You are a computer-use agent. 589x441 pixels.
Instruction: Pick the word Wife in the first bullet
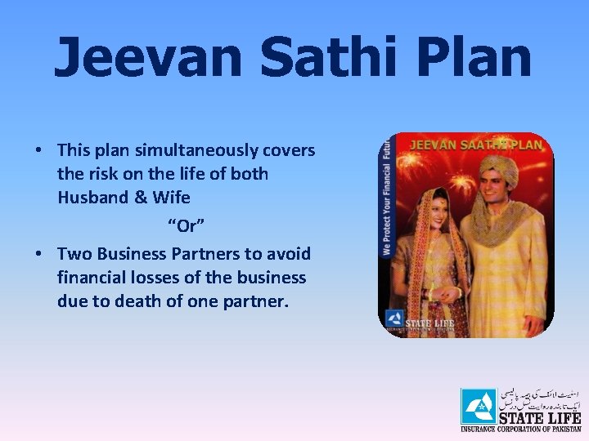click(x=172, y=197)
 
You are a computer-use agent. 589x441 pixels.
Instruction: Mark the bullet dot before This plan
click(x=39, y=151)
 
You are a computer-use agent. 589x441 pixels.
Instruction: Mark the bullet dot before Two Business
click(x=39, y=255)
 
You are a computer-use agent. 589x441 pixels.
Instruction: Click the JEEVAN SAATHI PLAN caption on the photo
click(x=474, y=144)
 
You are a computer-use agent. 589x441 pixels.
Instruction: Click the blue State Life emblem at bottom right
click(x=479, y=406)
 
